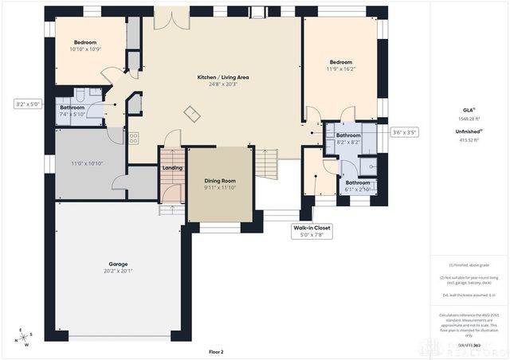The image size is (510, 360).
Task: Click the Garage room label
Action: (118, 264)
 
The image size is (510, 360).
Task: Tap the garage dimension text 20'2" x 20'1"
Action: (118, 271)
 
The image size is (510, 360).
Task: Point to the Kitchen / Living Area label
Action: (223, 77)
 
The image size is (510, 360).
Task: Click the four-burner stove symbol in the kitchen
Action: (134, 137)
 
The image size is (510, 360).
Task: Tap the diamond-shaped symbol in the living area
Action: (192, 114)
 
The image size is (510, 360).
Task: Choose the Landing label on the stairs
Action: (172, 168)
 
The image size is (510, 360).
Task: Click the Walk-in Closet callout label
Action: (311, 228)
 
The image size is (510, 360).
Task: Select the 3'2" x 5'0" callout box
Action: (27, 104)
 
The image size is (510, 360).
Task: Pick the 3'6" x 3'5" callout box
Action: (404, 132)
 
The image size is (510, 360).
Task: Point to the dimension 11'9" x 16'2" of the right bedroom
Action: (341, 69)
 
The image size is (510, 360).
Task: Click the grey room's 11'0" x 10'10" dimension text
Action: (88, 163)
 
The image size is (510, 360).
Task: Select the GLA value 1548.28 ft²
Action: (469, 119)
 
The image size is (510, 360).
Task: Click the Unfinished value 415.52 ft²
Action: (469, 140)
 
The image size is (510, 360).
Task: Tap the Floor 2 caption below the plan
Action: (216, 351)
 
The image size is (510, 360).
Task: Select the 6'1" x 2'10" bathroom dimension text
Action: (357, 190)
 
